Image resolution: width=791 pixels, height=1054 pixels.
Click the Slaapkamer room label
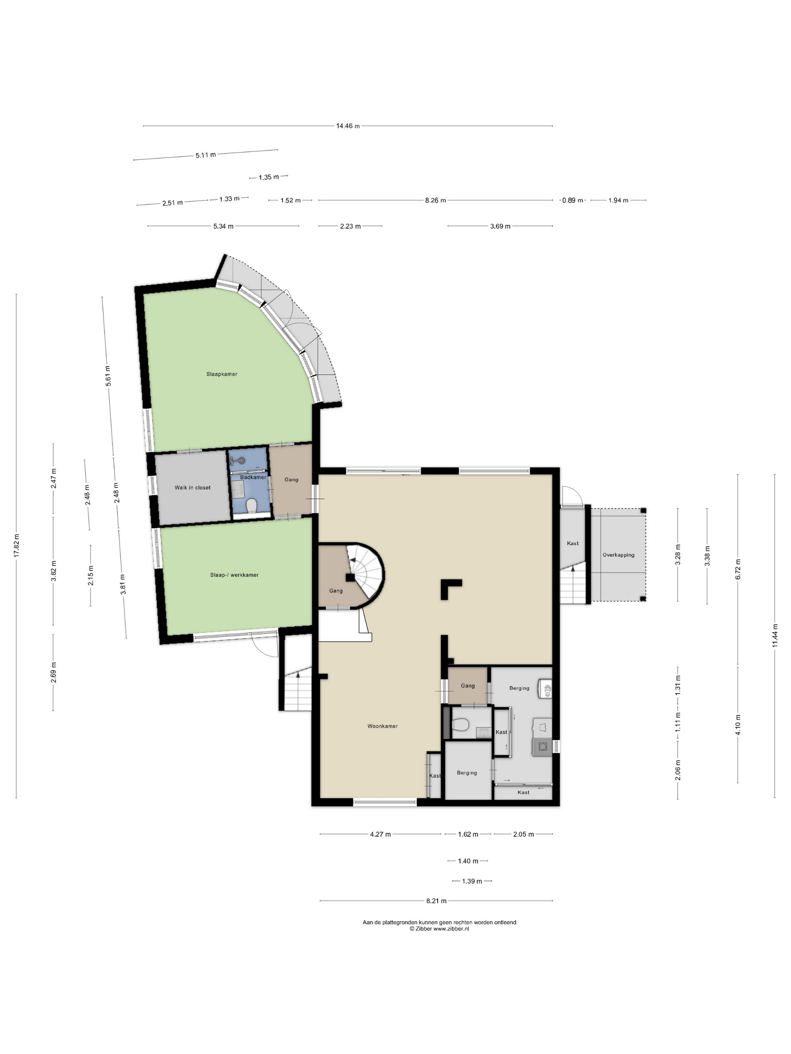click(222, 374)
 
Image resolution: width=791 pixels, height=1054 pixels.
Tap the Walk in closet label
click(192, 487)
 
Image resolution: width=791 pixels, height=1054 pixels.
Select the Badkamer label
click(253, 477)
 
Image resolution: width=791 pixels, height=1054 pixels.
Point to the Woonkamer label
click(382, 726)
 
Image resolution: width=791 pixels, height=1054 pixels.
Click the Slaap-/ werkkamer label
click(235, 575)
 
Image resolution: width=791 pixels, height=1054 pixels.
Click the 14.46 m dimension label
click(348, 126)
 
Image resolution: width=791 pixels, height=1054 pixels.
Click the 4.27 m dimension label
click(380, 834)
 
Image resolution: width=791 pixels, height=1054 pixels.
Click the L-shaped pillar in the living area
click(448, 588)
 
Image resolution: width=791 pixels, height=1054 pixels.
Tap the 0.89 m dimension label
click(573, 200)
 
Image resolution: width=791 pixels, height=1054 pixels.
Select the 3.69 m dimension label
click(500, 226)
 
